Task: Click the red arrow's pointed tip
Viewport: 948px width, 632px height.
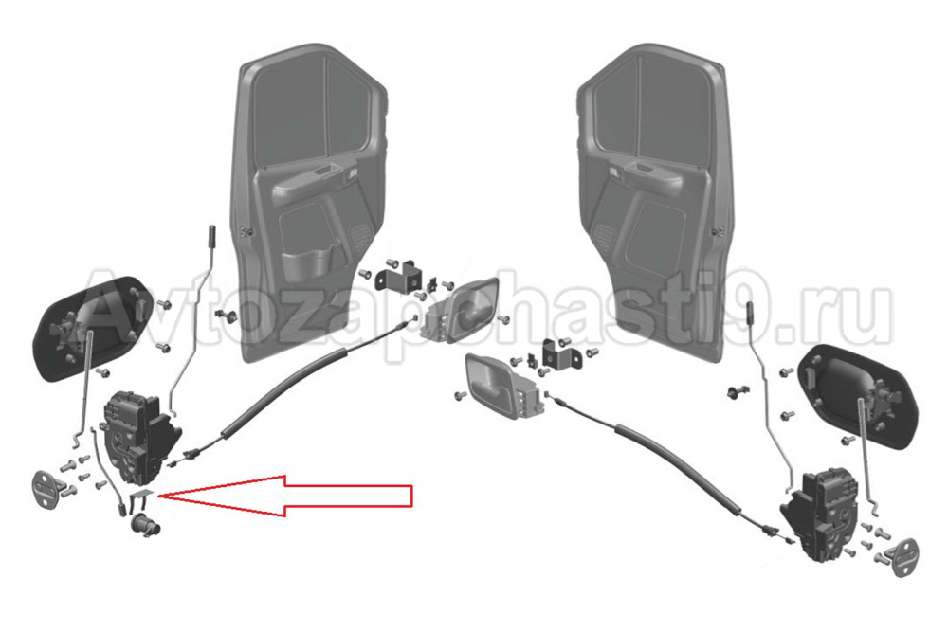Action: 157,497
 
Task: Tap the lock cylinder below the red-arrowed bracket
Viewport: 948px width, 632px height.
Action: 146,524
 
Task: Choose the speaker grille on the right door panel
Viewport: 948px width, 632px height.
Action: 605,236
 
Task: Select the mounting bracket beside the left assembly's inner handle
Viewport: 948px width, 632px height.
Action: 398,276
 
